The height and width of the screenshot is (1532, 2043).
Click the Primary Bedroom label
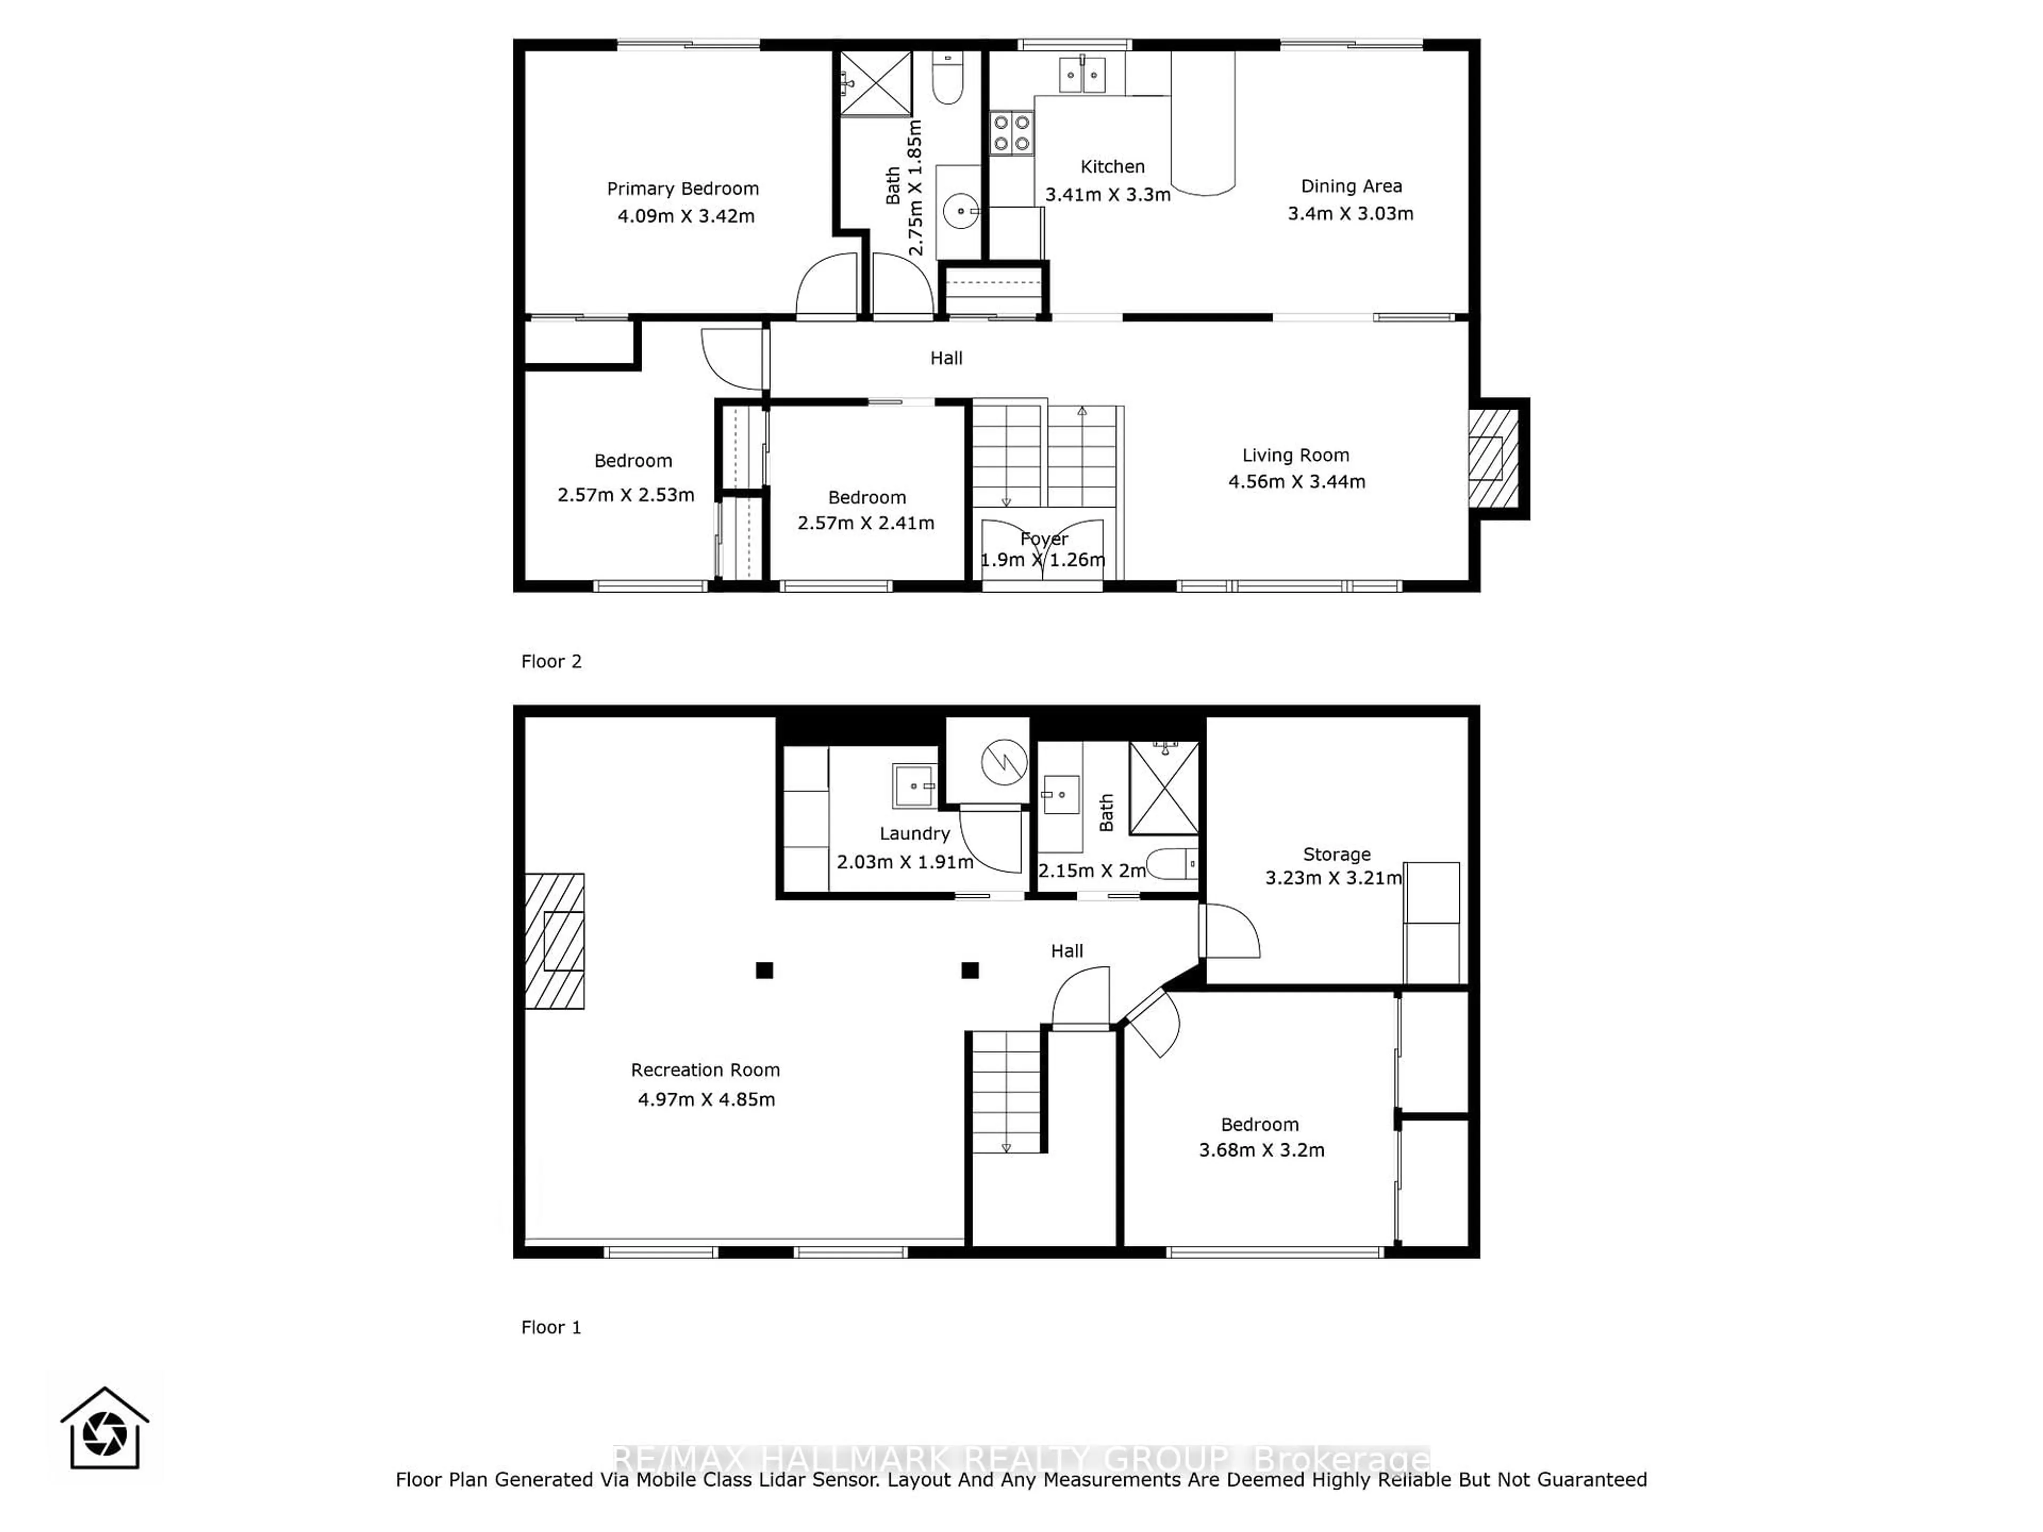click(x=683, y=188)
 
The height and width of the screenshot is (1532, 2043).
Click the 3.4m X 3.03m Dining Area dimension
click(x=1350, y=213)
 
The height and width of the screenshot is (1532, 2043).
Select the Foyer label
click(x=1044, y=538)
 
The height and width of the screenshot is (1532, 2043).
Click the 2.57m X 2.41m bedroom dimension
click(x=866, y=523)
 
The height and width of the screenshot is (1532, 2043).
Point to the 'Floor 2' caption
click(x=551, y=661)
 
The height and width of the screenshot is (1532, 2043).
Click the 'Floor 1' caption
click(x=551, y=1327)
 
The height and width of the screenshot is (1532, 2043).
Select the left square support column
click(x=764, y=970)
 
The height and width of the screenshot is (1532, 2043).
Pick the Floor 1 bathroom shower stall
click(x=1164, y=788)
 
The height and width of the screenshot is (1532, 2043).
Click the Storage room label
click(x=1336, y=854)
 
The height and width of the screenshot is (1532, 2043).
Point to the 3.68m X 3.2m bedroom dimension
click(x=1261, y=1150)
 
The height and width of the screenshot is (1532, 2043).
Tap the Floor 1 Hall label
click(x=1067, y=950)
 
